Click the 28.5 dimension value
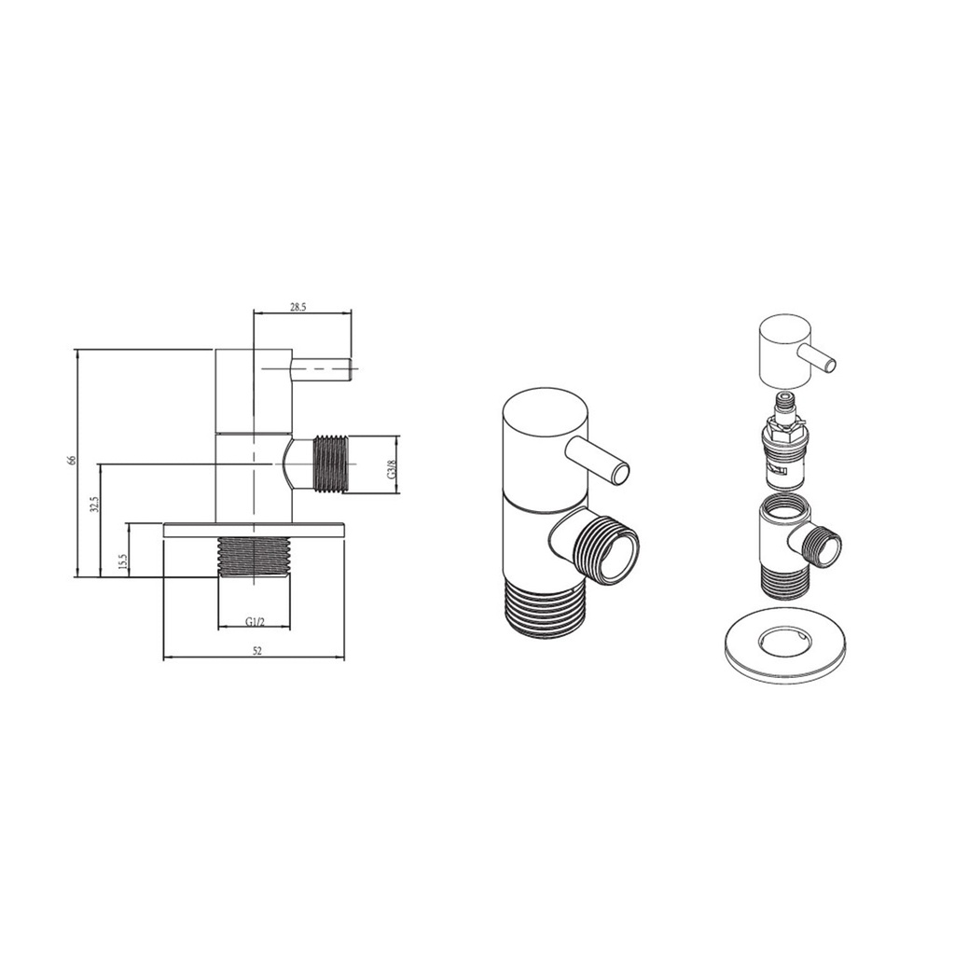point(298,308)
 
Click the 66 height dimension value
point(71,461)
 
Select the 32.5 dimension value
point(94,506)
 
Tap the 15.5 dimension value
point(122,561)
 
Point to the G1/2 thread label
point(255,621)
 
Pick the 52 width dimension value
point(257,651)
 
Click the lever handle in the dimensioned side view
point(321,369)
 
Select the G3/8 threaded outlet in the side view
point(332,464)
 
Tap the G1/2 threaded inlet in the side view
point(254,557)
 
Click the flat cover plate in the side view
point(254,530)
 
